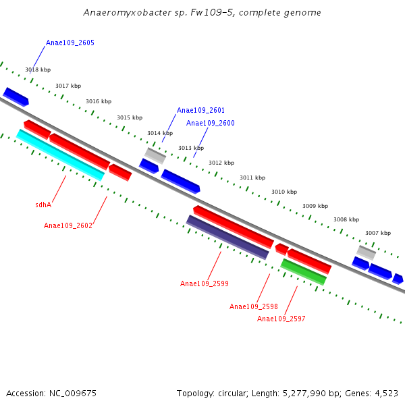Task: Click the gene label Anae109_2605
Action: coord(70,43)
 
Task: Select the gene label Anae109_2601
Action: coord(200,110)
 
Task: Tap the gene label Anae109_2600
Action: coord(211,123)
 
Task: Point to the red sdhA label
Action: coord(43,205)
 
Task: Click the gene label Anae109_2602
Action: coord(68,225)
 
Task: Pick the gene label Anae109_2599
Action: coord(205,283)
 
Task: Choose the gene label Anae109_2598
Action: coord(254,306)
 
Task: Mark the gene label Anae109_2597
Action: coord(281,319)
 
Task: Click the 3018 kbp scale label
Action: coord(38,70)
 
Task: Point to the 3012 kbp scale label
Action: coord(221,163)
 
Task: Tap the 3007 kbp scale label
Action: coord(378,233)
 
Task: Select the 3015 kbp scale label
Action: coord(130,117)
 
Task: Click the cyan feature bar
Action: coord(60,155)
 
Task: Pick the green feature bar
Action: coord(304,271)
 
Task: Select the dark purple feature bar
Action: coord(227,237)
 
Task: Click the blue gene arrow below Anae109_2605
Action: coord(16,97)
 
